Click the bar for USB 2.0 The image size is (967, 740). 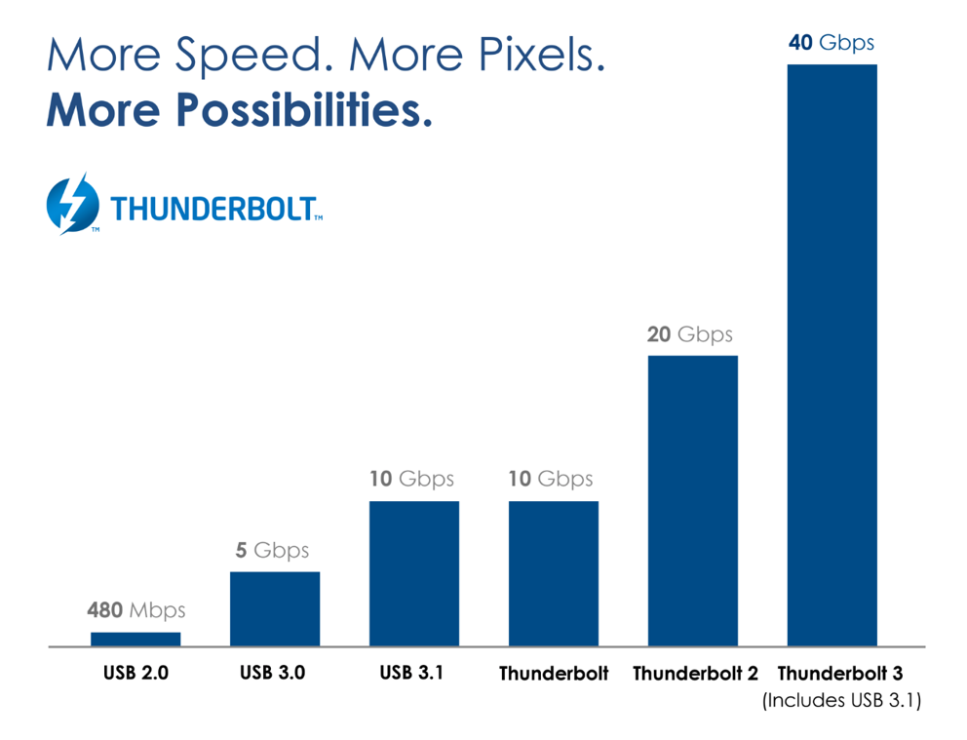point(135,639)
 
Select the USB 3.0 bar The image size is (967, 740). point(275,608)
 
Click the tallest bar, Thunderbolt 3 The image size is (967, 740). point(832,355)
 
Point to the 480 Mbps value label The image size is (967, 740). point(135,611)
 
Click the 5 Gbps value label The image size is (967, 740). point(272,551)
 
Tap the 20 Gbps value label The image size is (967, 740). point(690,334)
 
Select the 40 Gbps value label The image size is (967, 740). point(832,43)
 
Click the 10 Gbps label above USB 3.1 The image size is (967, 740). point(411,480)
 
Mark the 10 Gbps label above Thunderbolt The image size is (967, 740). point(551,480)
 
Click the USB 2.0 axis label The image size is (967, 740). point(135,673)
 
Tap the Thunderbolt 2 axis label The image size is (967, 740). point(696,674)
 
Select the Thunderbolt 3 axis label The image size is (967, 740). point(839,674)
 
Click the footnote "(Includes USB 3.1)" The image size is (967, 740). point(840,700)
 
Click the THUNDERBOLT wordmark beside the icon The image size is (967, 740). point(215,209)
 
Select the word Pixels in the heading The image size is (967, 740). point(534,57)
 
